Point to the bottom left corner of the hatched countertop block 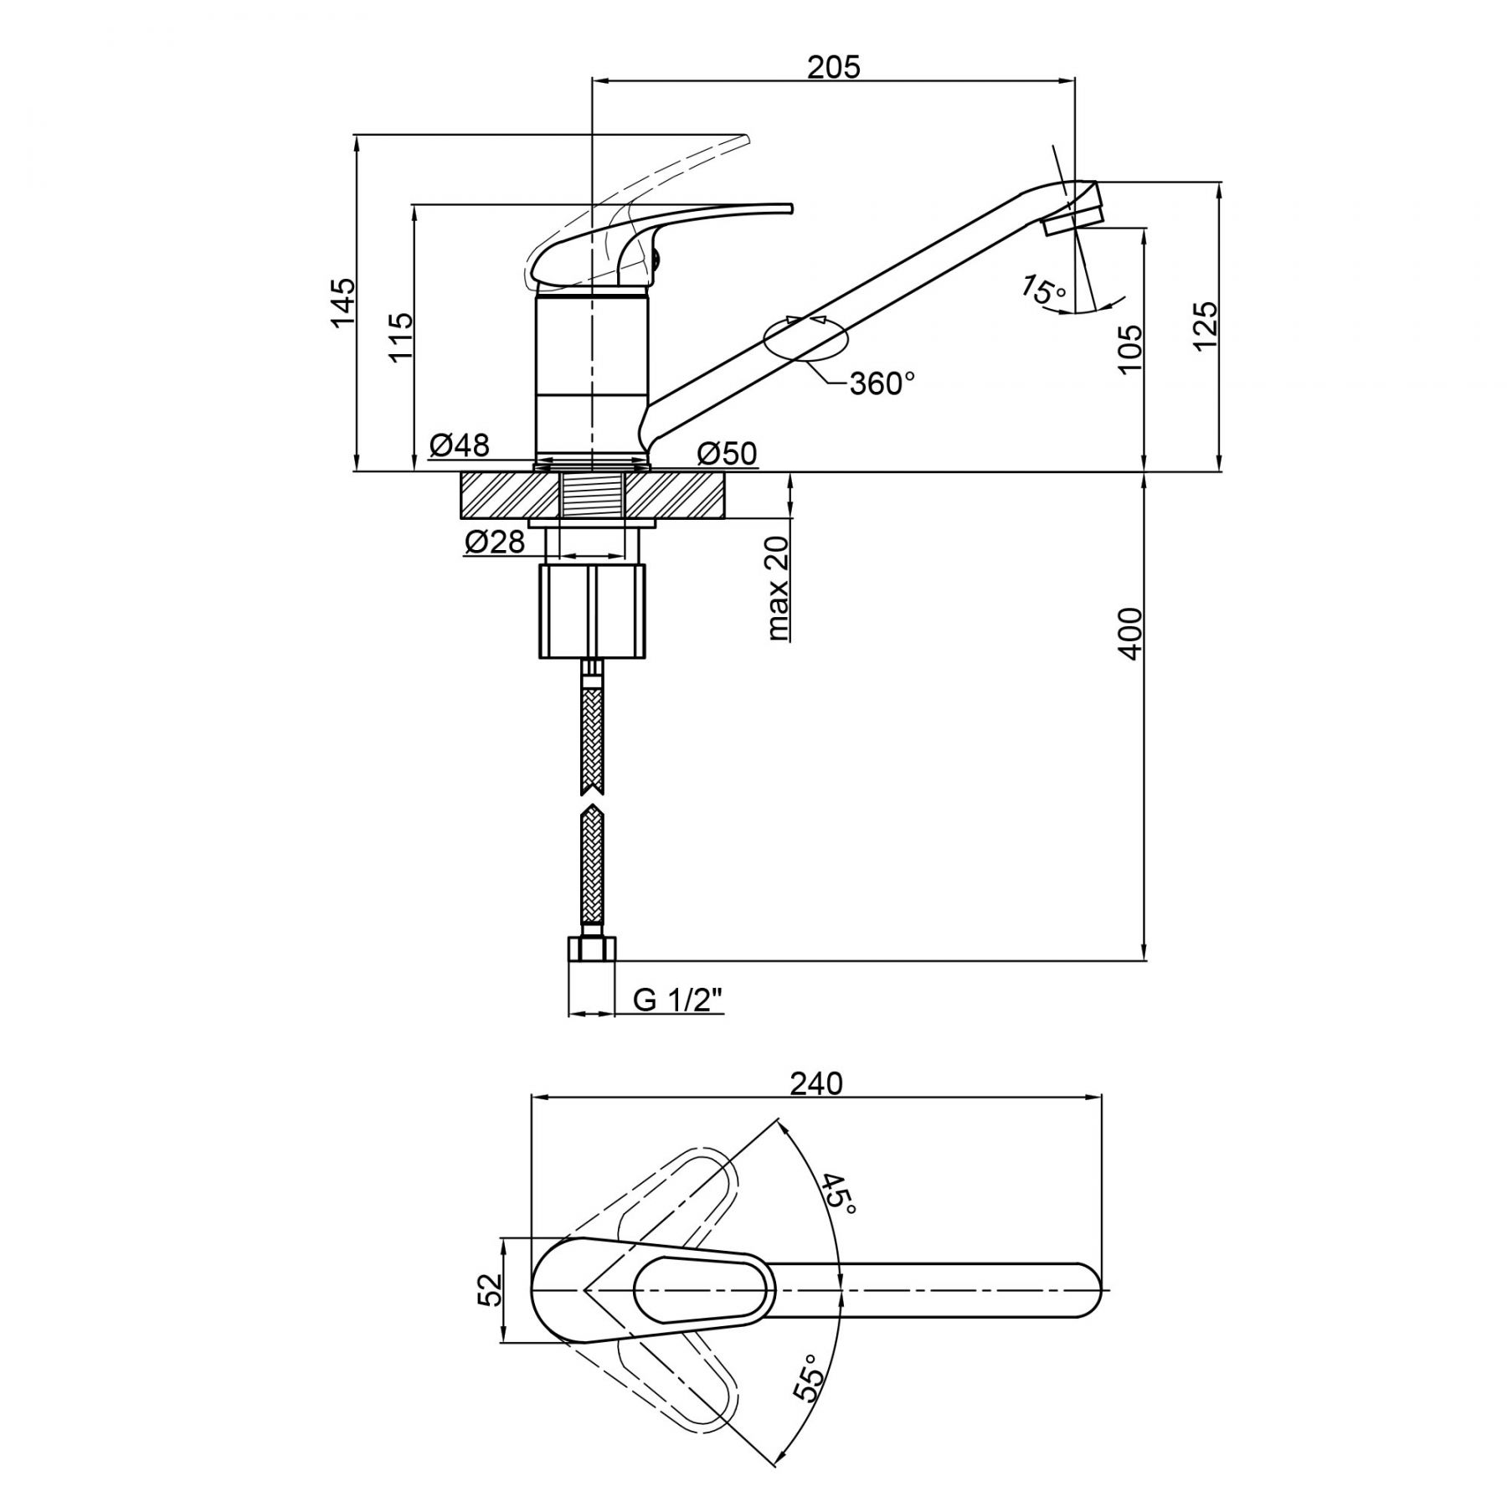pos(460,518)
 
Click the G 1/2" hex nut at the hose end pos(592,949)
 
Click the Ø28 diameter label pos(495,543)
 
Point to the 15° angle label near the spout pos(1044,291)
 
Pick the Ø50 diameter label pos(727,454)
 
